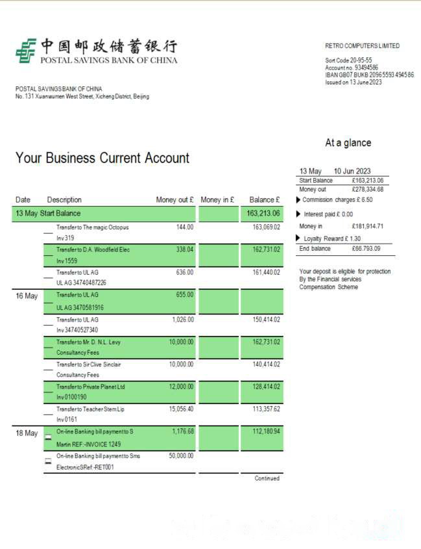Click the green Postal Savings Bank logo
click(x=26, y=51)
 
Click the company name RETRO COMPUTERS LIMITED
click(x=362, y=46)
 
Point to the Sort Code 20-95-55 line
click(x=348, y=60)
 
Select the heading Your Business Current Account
click(x=102, y=158)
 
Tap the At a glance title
click(x=348, y=143)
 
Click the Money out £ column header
click(x=174, y=199)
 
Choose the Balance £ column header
click(x=265, y=199)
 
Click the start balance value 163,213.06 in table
click(x=263, y=213)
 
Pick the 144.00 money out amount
click(x=185, y=227)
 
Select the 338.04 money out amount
click(x=185, y=249)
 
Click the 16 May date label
click(x=27, y=296)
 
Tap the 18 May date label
click(x=27, y=433)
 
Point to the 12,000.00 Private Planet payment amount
click(x=181, y=387)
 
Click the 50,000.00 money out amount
click(x=181, y=456)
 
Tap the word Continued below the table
click(x=267, y=478)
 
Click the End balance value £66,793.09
click(x=367, y=249)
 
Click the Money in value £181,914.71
click(x=367, y=226)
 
